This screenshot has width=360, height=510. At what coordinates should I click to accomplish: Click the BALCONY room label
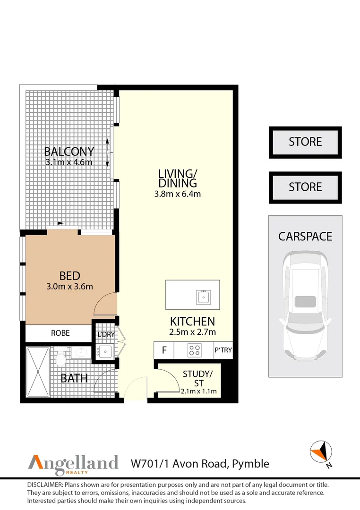tap(69, 152)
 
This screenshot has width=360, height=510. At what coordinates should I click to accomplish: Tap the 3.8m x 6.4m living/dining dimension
tap(177, 194)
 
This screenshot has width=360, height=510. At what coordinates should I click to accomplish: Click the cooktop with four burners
tap(194, 350)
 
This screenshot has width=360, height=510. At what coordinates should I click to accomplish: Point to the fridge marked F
tap(164, 350)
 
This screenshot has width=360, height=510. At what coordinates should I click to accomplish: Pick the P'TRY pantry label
tap(223, 350)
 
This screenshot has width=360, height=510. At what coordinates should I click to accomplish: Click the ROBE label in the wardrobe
tap(60, 333)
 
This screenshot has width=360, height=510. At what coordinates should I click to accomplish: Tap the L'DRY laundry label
tap(106, 334)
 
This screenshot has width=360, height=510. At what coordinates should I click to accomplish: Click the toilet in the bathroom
tap(60, 358)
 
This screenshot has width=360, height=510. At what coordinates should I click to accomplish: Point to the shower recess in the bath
tap(38, 372)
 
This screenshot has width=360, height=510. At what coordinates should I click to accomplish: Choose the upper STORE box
tap(305, 143)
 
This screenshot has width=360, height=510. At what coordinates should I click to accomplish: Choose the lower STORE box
tap(305, 187)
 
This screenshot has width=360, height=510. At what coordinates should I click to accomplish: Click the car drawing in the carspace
tap(305, 306)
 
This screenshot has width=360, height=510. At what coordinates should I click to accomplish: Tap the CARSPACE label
tap(305, 237)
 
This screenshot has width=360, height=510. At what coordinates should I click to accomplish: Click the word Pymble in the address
tap(251, 464)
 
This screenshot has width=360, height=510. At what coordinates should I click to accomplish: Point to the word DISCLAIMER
tap(45, 485)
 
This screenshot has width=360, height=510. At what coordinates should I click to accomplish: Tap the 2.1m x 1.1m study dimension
tap(198, 391)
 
